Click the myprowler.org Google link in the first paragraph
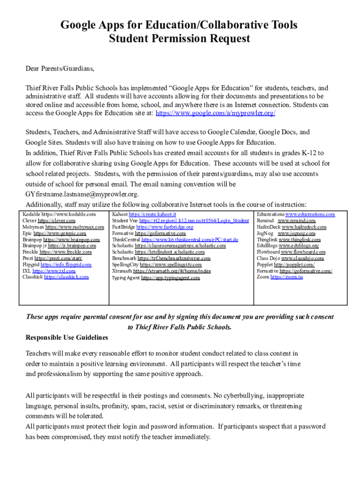[x=215, y=114]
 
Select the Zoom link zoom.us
[x=286, y=277]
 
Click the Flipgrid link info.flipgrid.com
[x=66, y=264]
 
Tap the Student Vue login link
[x=194, y=221]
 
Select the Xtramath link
[x=172, y=271]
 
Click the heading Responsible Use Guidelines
[x=67, y=337]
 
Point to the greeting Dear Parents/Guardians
[x=60, y=69]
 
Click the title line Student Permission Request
[x=180, y=39]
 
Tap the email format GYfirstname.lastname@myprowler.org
[x=82, y=194]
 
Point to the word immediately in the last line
[x=192, y=437]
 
